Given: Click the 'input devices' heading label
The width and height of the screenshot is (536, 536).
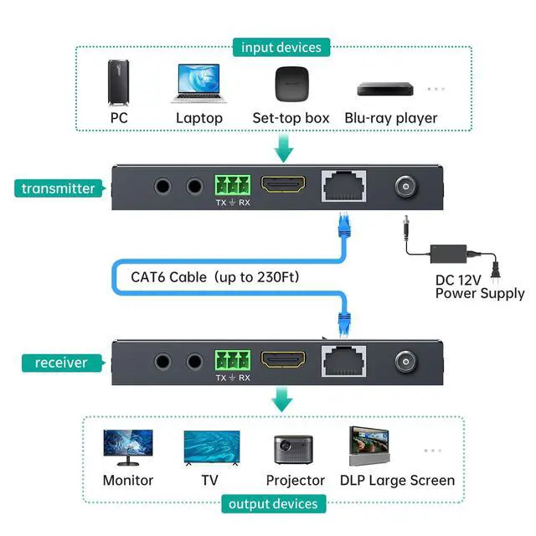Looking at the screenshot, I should pyautogui.click(x=281, y=47).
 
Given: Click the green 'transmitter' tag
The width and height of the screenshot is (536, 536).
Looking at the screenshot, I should pyautogui.click(x=59, y=188).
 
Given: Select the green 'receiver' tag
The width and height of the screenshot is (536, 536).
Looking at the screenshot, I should pyautogui.click(x=61, y=363).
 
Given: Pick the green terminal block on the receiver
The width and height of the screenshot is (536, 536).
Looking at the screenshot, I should pyautogui.click(x=233, y=359).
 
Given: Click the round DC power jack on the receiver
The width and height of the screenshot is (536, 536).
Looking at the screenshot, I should pyautogui.click(x=407, y=362).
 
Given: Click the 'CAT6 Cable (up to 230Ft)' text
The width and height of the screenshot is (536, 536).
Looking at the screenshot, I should pyautogui.click(x=215, y=276).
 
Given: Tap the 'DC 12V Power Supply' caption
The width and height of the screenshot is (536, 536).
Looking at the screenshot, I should pyautogui.click(x=480, y=285).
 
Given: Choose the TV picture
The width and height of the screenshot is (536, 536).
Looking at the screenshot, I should pyautogui.click(x=211, y=448).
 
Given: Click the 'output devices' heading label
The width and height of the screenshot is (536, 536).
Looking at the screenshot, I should pyautogui.click(x=273, y=504).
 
